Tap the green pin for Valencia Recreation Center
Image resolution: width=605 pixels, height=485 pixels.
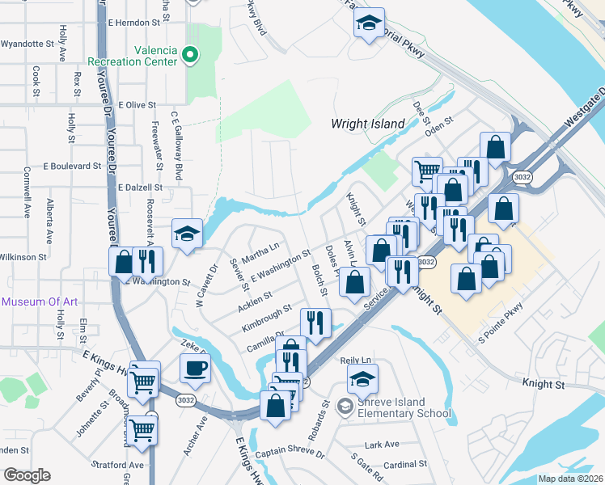coord(191,55)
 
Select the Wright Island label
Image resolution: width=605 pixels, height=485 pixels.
coord(367,124)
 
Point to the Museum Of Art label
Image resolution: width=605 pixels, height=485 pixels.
coord(40,302)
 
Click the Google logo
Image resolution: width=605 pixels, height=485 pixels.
coord(27,475)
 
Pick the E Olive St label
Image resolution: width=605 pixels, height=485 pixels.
coord(137,105)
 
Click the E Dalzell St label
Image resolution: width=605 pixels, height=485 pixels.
coord(140,187)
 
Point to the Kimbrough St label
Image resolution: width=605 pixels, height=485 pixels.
coord(266,319)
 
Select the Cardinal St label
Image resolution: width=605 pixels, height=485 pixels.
coord(405,465)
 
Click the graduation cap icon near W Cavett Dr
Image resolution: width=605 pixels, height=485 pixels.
coord(187,234)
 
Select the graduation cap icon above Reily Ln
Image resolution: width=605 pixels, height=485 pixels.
coord(363,377)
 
